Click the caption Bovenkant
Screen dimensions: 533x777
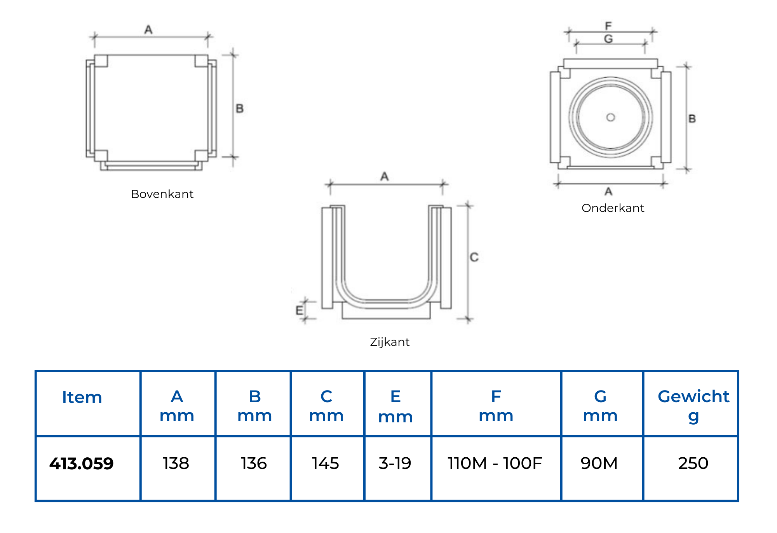pyautogui.click(x=162, y=194)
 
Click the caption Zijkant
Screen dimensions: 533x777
pyautogui.click(x=390, y=342)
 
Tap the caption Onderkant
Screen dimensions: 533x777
pyautogui.click(x=613, y=208)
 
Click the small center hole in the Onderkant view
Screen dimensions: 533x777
pyautogui.click(x=611, y=117)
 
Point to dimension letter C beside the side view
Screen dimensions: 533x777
pyautogui.click(x=474, y=257)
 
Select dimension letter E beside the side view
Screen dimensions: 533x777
pyautogui.click(x=299, y=310)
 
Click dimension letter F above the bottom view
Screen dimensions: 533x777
pyautogui.click(x=608, y=26)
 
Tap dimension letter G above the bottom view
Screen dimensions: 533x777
pyautogui.click(x=608, y=39)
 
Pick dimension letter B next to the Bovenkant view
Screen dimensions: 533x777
pyautogui.click(x=240, y=108)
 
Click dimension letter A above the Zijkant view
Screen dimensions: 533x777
pyautogui.click(x=384, y=177)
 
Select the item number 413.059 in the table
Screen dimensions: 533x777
pyautogui.click(x=82, y=464)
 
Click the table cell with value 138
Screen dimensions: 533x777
pyautogui.click(x=176, y=464)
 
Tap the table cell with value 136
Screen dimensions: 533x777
pyautogui.click(x=254, y=464)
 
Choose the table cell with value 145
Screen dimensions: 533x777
pyautogui.click(x=326, y=464)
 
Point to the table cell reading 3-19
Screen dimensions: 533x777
pyautogui.click(x=395, y=464)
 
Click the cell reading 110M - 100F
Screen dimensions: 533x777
pyautogui.click(x=495, y=464)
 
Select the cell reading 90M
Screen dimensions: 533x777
pyautogui.click(x=599, y=464)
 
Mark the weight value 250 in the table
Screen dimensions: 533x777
pyautogui.click(x=693, y=464)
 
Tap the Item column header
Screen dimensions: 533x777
pyautogui.click(x=82, y=398)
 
